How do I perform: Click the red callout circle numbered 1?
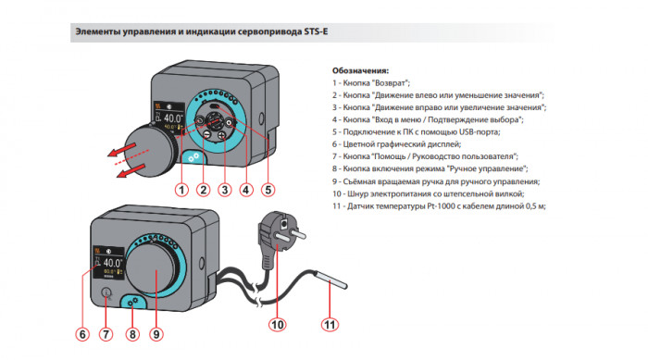click(x=181, y=191)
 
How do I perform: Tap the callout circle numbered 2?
click(x=203, y=191)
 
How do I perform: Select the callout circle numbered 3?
click(x=224, y=191)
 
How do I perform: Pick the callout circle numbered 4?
click(x=245, y=191)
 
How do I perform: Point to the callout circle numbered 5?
click(x=268, y=191)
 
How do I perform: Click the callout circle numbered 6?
click(x=83, y=334)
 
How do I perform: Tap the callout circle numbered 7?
click(x=106, y=334)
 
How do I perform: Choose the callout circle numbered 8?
click(x=131, y=334)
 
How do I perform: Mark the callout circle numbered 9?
click(x=156, y=334)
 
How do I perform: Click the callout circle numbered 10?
click(x=277, y=325)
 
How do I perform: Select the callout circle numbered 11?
click(x=329, y=325)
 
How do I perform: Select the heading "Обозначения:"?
click(x=360, y=70)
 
